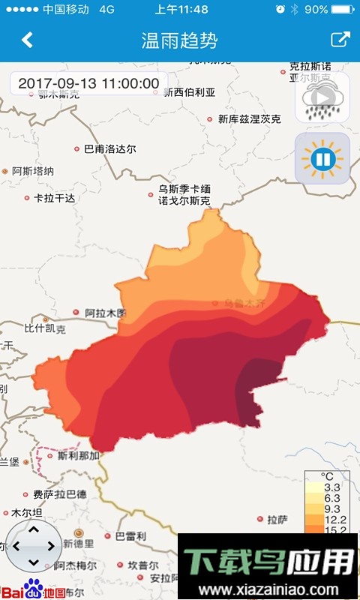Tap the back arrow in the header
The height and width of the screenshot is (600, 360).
(28, 40)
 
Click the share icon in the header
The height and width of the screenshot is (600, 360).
(340, 40)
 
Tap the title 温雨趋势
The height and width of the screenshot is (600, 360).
(179, 40)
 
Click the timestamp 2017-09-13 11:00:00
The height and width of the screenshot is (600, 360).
(88, 83)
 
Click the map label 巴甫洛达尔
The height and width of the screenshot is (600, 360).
(109, 149)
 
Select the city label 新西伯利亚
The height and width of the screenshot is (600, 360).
(190, 92)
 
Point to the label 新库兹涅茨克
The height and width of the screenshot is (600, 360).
(249, 119)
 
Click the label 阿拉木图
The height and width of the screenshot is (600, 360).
(105, 313)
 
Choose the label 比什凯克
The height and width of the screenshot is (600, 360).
(45, 328)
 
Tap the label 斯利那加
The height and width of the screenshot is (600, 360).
(79, 455)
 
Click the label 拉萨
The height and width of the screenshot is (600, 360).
(277, 519)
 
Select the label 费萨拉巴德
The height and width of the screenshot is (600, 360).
(59, 495)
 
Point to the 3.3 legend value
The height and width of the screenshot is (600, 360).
(331, 487)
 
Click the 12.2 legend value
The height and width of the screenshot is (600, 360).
(331, 520)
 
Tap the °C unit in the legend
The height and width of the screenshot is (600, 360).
(328, 477)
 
